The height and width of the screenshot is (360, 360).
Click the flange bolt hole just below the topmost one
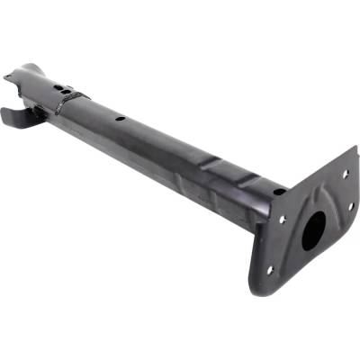pyautogui.click(x=350, y=205)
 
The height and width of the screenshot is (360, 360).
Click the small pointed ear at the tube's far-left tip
pyautogui.click(x=8, y=77)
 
